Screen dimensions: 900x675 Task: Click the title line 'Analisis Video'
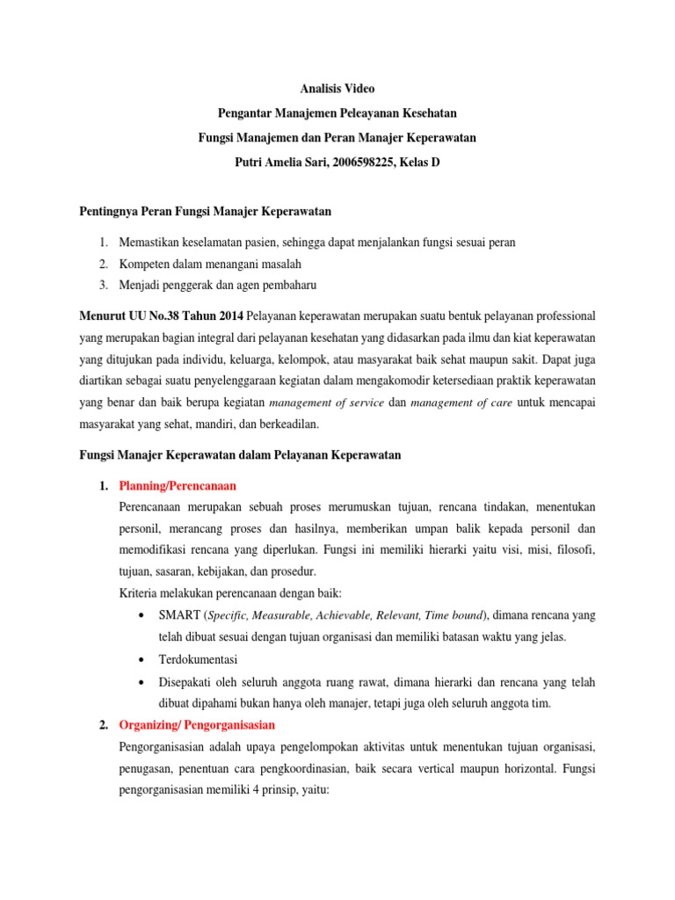pyautogui.click(x=337, y=88)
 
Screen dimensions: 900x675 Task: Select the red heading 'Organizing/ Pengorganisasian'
pyautogui.click(x=197, y=725)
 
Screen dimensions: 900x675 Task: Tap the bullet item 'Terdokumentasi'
pyautogui.click(x=198, y=659)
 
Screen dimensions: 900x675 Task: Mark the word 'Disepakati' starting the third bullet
pyautogui.click(x=187, y=682)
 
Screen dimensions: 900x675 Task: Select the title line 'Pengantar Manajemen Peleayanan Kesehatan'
pyautogui.click(x=337, y=112)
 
